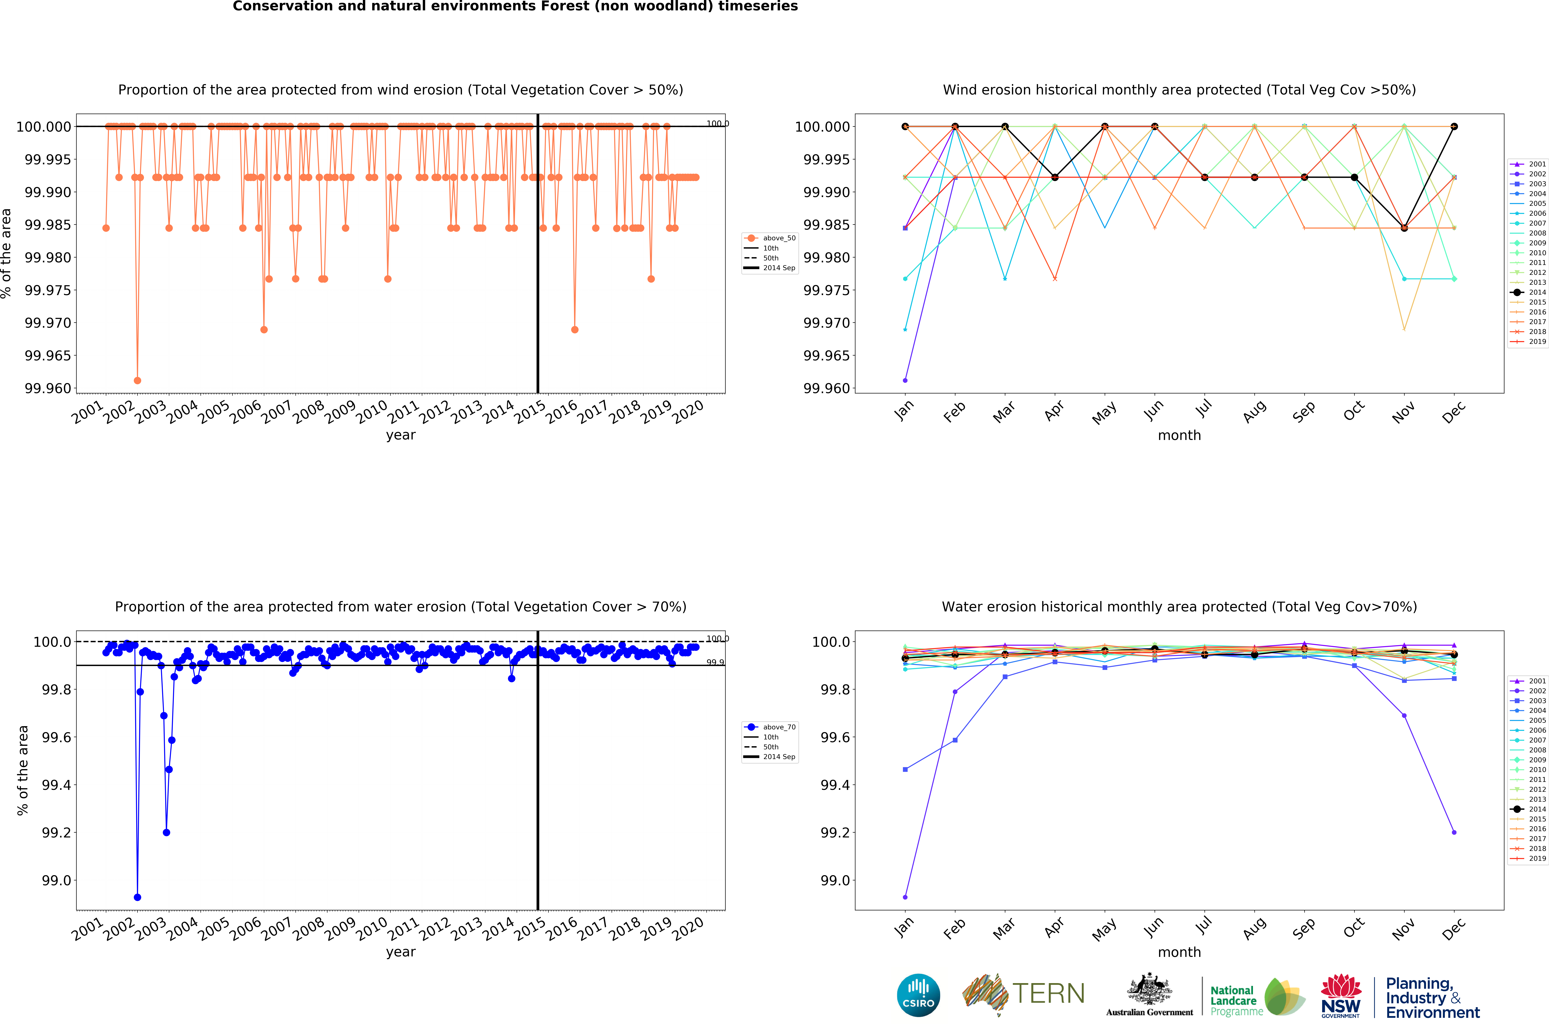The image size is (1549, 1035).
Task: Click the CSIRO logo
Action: (x=918, y=995)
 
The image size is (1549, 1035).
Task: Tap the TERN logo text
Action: (x=1048, y=993)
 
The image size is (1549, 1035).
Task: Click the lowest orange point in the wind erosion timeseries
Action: (x=137, y=380)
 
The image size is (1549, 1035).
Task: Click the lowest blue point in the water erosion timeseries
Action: (x=137, y=897)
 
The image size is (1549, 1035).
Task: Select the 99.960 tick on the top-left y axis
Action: (x=47, y=388)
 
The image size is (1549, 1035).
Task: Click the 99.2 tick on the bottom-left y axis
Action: (x=56, y=832)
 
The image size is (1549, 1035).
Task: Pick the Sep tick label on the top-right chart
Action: (x=1303, y=412)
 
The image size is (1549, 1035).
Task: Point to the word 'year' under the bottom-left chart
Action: (x=401, y=952)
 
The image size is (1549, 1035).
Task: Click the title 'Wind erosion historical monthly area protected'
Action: (x=1179, y=90)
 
